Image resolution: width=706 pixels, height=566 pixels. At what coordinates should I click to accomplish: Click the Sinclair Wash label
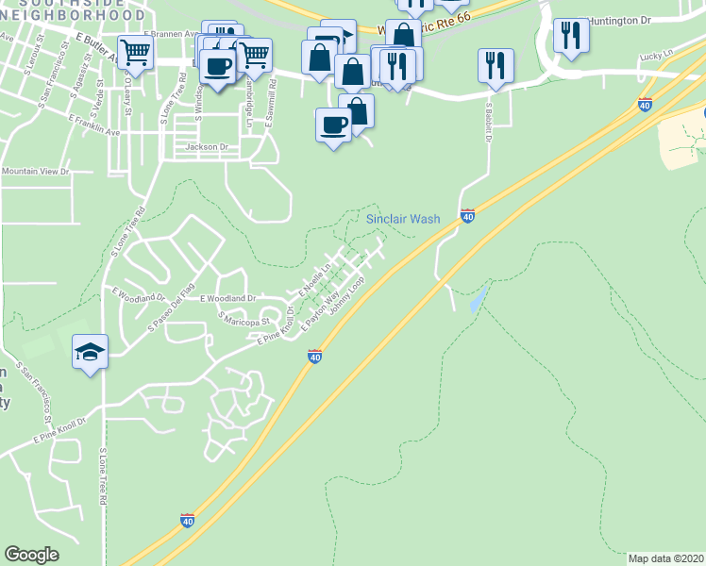pyautogui.click(x=403, y=219)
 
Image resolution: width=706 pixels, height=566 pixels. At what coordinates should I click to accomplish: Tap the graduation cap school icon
pyautogui.click(x=90, y=352)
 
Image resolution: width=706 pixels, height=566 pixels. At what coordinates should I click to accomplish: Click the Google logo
pyautogui.click(x=31, y=555)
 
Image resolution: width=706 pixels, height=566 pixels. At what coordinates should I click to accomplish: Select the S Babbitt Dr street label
pyautogui.click(x=490, y=122)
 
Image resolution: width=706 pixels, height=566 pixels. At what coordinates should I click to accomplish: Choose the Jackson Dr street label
pyautogui.click(x=208, y=147)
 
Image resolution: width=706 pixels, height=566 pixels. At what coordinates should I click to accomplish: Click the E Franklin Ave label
pyautogui.click(x=94, y=125)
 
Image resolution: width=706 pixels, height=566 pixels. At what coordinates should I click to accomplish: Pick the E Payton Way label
pyautogui.click(x=320, y=311)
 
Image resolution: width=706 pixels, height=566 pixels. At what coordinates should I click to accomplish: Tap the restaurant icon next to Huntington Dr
pyautogui.click(x=571, y=36)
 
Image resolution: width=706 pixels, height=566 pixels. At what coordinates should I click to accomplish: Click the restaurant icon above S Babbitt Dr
pyautogui.click(x=496, y=66)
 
